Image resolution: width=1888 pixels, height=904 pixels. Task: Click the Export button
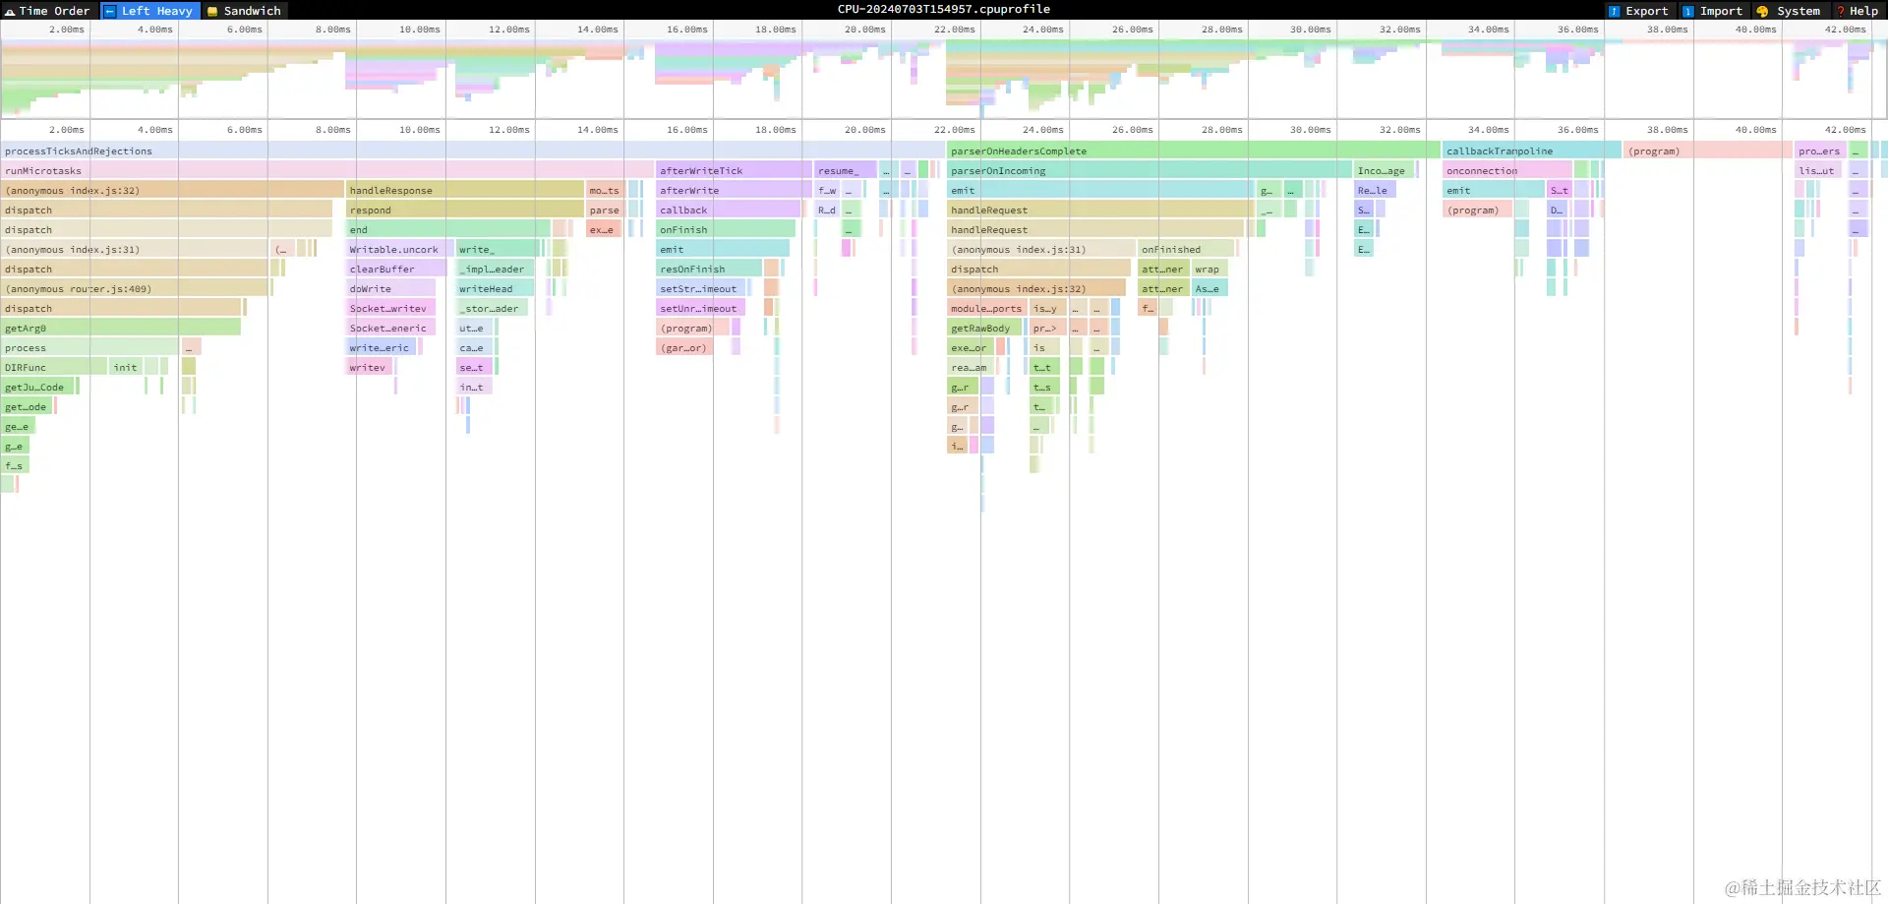[x=1639, y=11]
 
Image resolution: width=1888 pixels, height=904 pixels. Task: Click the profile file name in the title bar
[x=943, y=9]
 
